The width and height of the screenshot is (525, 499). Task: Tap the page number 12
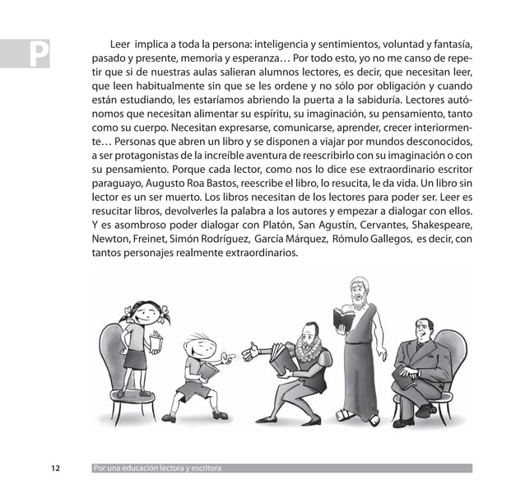[x=55, y=469]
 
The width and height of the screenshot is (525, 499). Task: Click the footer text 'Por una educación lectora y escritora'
[x=157, y=469]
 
